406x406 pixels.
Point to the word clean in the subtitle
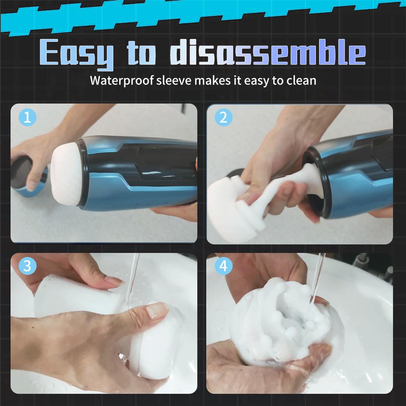(x=301, y=80)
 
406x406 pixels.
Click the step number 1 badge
(x=27, y=118)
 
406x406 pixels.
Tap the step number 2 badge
(x=223, y=118)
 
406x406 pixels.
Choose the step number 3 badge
(x=27, y=267)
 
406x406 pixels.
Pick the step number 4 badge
(x=223, y=267)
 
